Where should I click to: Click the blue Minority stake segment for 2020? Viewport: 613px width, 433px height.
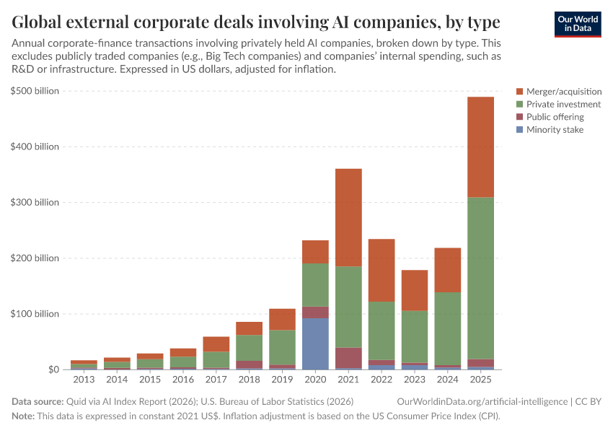[x=315, y=344]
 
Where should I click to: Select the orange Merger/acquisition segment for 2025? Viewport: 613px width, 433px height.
[x=481, y=146]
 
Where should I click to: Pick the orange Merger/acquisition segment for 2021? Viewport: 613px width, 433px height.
[x=348, y=217]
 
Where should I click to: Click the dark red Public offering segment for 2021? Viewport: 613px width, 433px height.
[x=348, y=357]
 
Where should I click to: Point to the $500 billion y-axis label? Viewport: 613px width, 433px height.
[x=35, y=91]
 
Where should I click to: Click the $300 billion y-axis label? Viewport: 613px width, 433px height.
[x=35, y=203]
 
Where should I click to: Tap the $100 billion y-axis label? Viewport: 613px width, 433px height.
[x=35, y=314]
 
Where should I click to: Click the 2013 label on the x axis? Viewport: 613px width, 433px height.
[x=83, y=379]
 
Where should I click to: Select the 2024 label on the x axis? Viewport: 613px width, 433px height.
[x=448, y=379]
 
